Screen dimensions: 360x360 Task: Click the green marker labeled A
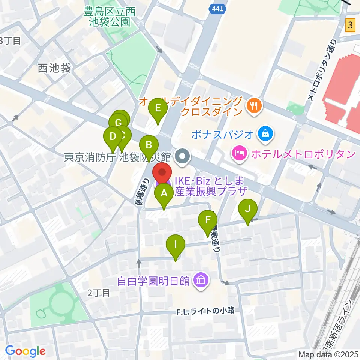tap(164, 194)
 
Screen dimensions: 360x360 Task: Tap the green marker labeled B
tap(149, 145)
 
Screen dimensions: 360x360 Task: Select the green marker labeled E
tap(158, 109)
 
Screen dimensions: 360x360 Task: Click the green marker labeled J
tap(247, 209)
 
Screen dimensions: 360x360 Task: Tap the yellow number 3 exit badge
tap(350, 25)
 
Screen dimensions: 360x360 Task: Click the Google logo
tap(25, 351)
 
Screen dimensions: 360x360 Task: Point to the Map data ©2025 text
tap(328, 354)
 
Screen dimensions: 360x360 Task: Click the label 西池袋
tap(54, 68)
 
